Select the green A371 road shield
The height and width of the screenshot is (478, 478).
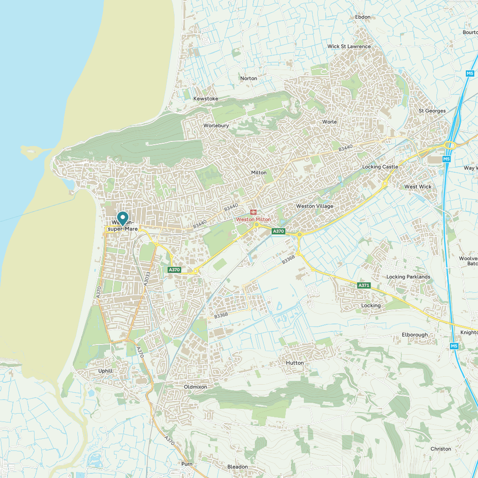coord(364,285)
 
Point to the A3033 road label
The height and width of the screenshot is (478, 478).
coord(148,279)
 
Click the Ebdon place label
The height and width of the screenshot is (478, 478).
coord(363,17)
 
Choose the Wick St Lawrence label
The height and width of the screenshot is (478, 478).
coord(349,47)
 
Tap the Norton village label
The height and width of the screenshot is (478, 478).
coord(248,78)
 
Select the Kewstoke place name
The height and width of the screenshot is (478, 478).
coord(206,99)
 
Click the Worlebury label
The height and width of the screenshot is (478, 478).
coord(216,126)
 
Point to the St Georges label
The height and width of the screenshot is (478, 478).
coord(432,111)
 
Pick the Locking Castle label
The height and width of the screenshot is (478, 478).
coord(380,167)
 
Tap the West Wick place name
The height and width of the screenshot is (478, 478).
coord(418,187)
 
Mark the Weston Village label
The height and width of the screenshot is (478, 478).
coord(315,206)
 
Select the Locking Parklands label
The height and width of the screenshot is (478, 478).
coord(408,277)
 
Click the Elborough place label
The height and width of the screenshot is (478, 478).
coord(415,335)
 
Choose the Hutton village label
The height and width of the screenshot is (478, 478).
coord(295,363)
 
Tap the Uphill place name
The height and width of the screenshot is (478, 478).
coord(105,371)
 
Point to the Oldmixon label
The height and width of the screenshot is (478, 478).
coord(195,387)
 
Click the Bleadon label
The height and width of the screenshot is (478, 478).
coord(238,467)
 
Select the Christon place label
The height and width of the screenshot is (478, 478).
coord(441,449)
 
